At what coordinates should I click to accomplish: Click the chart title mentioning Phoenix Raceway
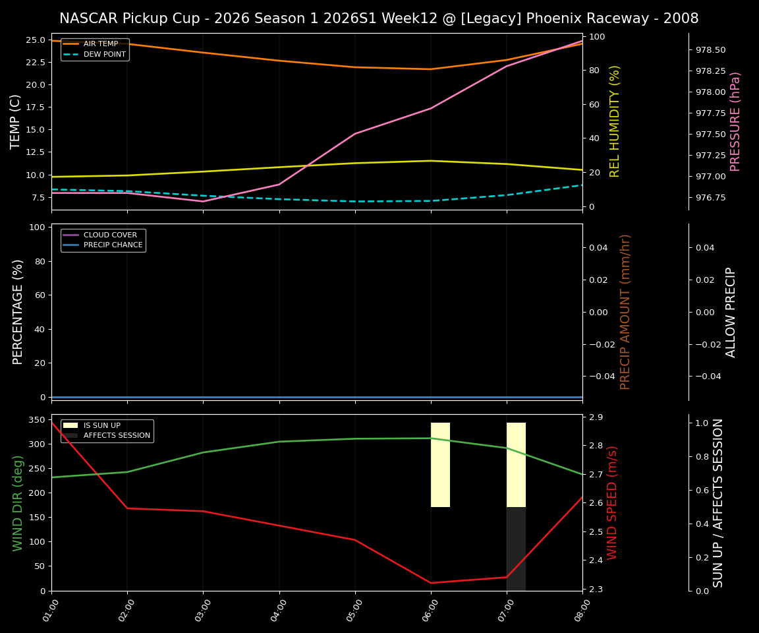coord(379,18)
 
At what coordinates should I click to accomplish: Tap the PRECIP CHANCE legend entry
coord(113,245)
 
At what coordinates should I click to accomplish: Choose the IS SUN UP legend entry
coord(101,425)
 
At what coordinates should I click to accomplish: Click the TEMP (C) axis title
coord(16,121)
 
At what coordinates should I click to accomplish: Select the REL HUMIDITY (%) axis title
coord(615,121)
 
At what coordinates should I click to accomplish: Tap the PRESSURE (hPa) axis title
coord(735,121)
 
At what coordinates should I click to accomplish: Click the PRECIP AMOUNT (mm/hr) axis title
coord(625,312)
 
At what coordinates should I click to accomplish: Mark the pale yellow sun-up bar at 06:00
coord(440,465)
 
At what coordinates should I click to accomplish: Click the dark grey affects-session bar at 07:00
coord(516,549)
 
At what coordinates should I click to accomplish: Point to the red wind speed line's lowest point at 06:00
coord(431,582)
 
